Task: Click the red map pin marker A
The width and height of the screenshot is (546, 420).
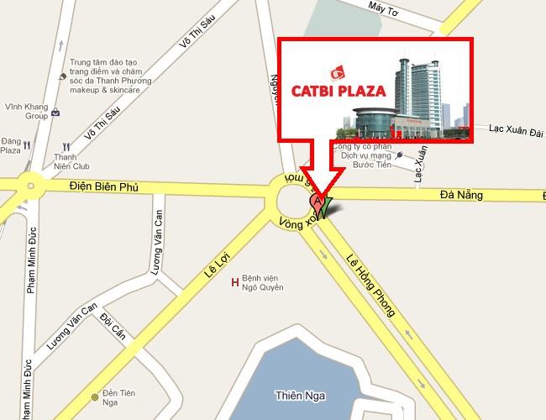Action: (x=316, y=201)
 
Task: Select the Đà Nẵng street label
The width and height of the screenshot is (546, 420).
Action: (x=461, y=195)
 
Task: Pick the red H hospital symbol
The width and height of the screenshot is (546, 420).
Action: (x=234, y=283)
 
